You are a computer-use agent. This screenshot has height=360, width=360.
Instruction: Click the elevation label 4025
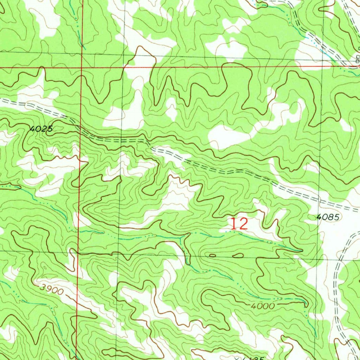pos(41,129)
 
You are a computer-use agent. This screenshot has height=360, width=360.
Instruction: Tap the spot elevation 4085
pos(327,218)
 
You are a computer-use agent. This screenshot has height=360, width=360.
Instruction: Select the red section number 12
pos(239,224)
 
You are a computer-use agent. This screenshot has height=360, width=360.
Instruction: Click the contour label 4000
pos(263,306)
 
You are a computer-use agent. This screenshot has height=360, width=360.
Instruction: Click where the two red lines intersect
pos(81,67)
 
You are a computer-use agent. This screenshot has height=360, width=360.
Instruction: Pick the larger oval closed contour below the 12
pos(238,255)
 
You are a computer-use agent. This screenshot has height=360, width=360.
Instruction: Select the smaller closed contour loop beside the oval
pos(212,255)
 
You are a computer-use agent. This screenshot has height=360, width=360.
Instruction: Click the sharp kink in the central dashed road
pos(149,144)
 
